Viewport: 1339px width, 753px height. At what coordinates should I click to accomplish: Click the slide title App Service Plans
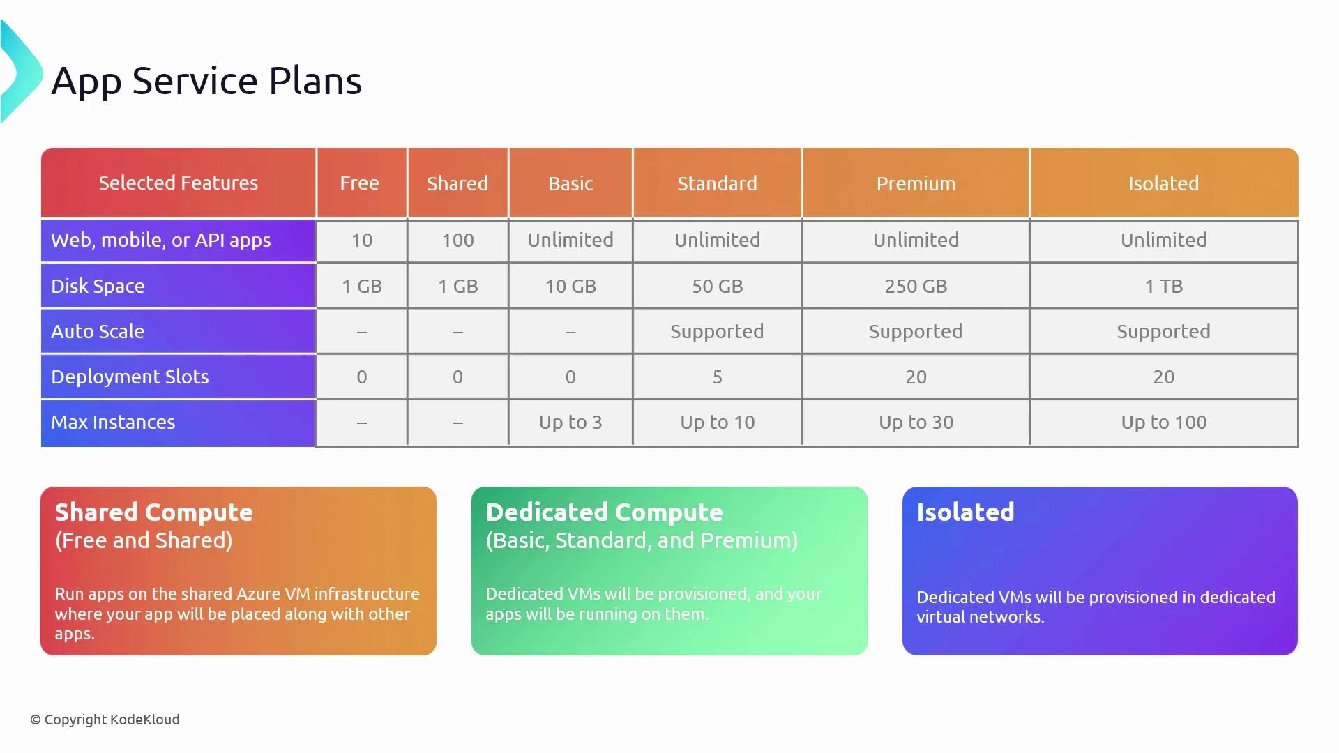[206, 81]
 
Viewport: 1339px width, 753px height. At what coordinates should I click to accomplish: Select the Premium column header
[916, 183]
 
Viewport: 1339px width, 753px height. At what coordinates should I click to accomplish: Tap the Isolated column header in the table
[1163, 183]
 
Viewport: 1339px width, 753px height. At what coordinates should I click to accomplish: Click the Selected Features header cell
[178, 183]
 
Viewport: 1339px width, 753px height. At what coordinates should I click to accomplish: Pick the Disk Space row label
[98, 286]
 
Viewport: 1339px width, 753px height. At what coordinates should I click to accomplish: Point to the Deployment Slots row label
[130, 376]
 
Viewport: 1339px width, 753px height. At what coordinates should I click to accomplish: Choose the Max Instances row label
[113, 422]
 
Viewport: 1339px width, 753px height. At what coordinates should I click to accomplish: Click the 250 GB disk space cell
[916, 286]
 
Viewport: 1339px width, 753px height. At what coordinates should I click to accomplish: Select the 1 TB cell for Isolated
[1163, 286]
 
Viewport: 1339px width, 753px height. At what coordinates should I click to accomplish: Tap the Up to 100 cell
[1163, 422]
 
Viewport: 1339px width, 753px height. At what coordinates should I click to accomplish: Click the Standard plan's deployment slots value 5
[717, 376]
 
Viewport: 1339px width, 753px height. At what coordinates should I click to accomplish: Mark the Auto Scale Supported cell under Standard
[717, 331]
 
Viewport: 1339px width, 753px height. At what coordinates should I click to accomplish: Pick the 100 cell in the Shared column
[457, 240]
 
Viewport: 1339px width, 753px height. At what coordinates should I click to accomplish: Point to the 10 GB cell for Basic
[570, 286]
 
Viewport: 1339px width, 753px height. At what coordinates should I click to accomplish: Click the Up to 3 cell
[570, 422]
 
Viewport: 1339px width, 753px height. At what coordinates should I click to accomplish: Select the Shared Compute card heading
[153, 512]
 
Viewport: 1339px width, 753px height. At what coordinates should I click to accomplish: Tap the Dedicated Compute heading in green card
[604, 512]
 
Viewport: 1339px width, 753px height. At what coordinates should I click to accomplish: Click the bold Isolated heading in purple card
[965, 512]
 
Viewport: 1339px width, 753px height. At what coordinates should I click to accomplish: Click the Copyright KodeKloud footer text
[105, 720]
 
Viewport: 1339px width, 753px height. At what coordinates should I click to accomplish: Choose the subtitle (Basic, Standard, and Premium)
[642, 540]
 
